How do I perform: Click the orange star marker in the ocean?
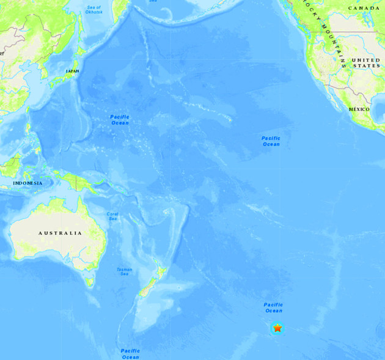(x=277, y=328)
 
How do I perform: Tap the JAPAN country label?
(x=73, y=72)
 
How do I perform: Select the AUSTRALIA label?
(x=60, y=233)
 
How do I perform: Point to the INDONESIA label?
(x=28, y=183)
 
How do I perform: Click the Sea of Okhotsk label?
(x=94, y=10)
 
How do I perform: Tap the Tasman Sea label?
(x=124, y=271)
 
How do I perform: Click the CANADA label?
(x=364, y=8)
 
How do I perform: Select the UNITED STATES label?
(x=366, y=63)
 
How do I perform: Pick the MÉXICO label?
(x=359, y=109)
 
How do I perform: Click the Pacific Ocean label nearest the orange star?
(x=273, y=307)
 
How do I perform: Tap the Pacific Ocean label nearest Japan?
(x=120, y=119)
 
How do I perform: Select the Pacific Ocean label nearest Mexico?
(x=271, y=141)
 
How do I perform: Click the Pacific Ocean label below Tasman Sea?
(x=130, y=353)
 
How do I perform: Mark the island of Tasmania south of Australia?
(x=90, y=282)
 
